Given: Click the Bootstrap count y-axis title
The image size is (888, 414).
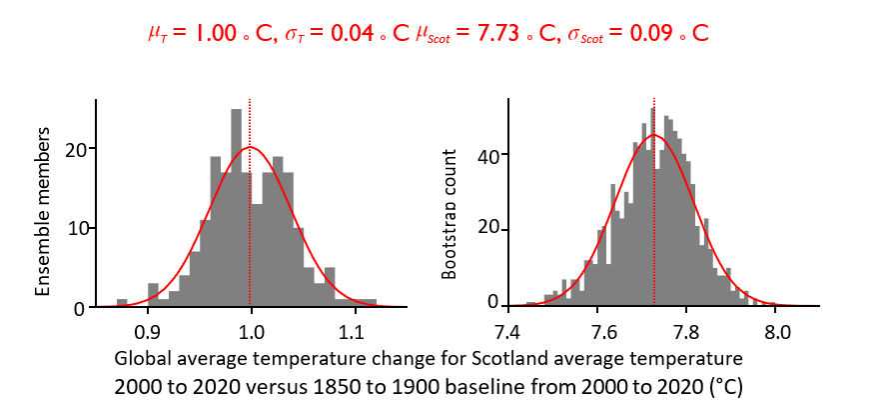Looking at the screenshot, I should (x=449, y=214).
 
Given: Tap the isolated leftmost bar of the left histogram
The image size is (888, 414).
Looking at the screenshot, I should (x=122, y=302).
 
